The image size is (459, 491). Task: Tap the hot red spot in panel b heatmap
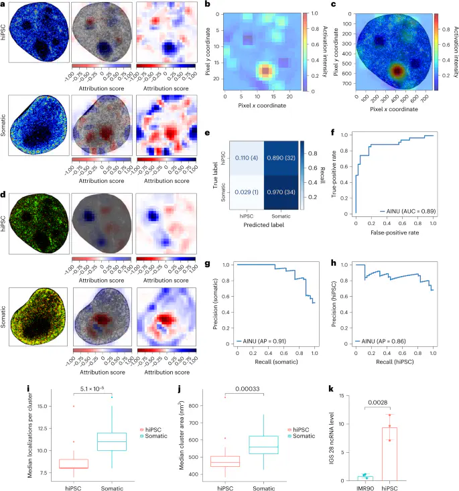265,71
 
